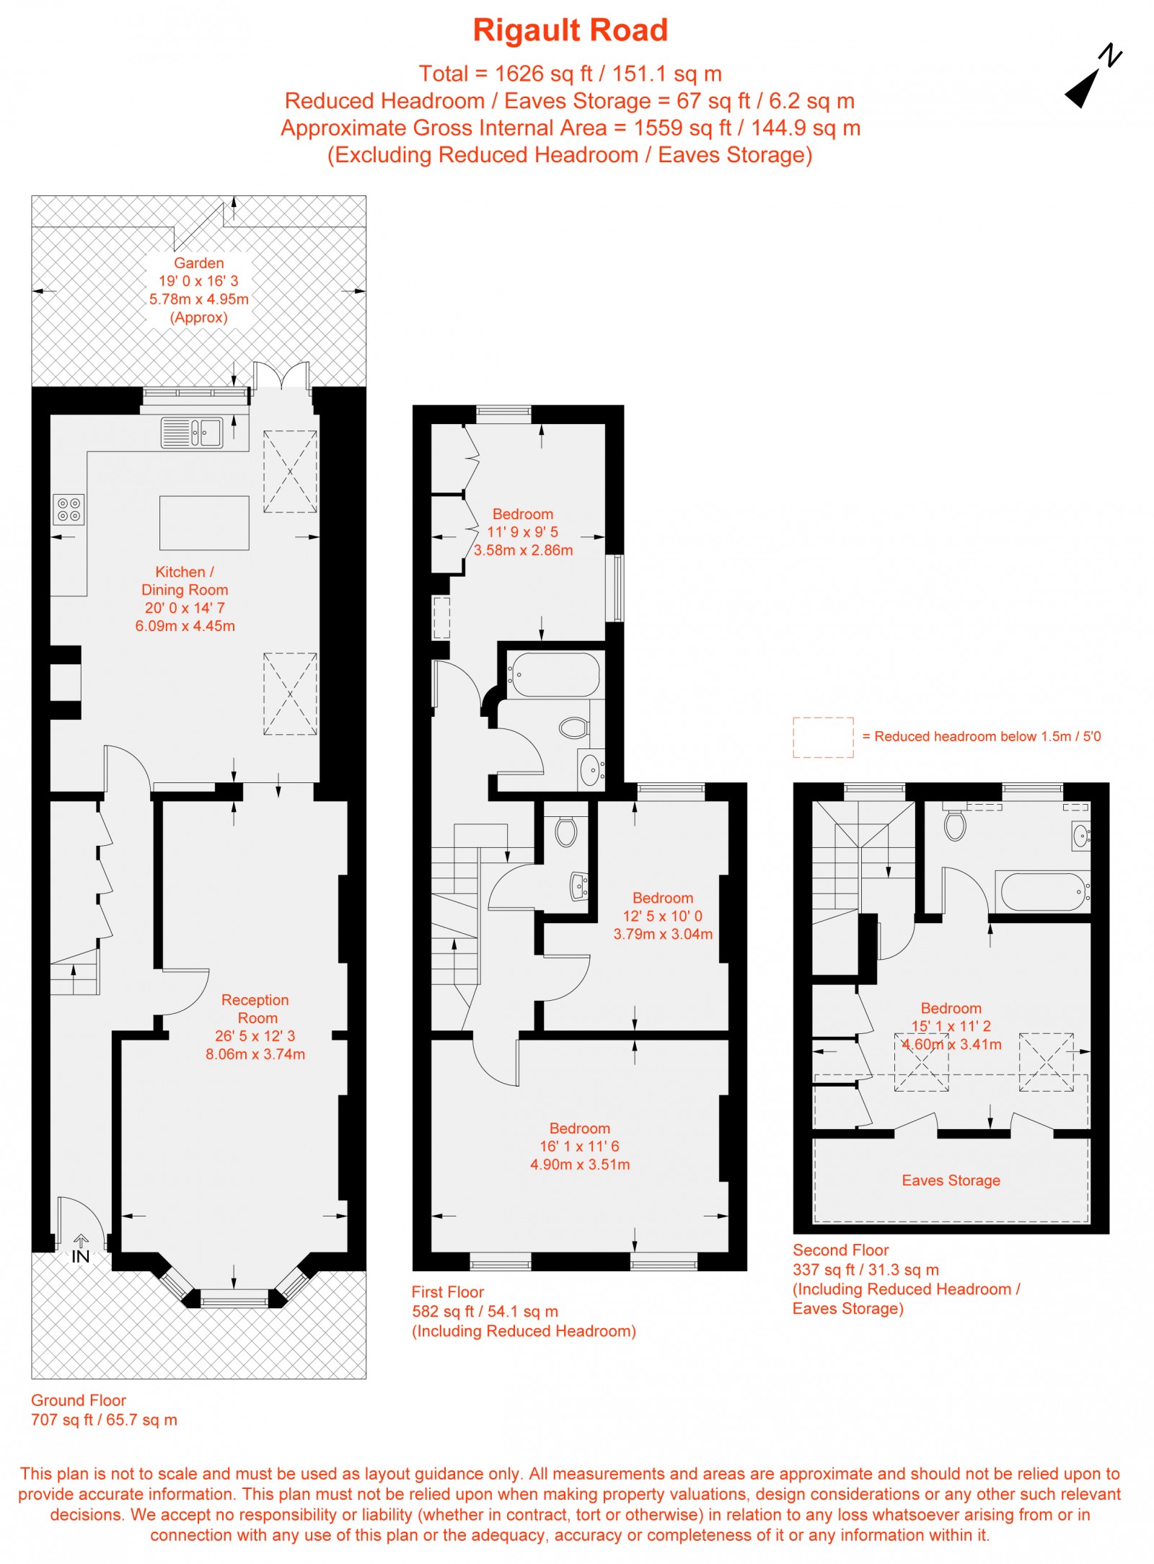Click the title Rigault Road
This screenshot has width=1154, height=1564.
coord(570,30)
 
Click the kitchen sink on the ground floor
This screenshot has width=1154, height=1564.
coord(192,432)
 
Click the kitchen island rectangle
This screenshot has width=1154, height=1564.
coord(204,523)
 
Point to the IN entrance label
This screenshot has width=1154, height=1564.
coord(80,1257)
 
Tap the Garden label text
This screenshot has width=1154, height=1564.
coord(198,263)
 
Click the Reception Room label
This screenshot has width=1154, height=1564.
coord(255,1009)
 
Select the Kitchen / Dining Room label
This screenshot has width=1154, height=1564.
coord(185,580)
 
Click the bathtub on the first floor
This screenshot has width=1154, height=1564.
coord(553,675)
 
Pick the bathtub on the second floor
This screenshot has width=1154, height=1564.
coord(1042,892)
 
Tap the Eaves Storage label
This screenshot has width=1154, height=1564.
coord(951,1180)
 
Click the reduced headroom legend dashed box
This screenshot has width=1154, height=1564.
coord(823,737)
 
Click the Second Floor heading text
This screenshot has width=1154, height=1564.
coord(840,1250)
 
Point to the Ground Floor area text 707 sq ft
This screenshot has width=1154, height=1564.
coord(104,1420)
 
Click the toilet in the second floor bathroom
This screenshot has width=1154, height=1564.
coord(955,826)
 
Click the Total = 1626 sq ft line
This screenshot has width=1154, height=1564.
coord(570,74)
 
